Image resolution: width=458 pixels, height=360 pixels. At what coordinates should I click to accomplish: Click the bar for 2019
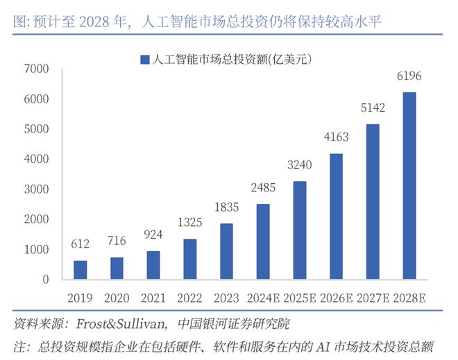coord(80,270)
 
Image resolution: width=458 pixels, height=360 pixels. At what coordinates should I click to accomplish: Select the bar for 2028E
coord(409,186)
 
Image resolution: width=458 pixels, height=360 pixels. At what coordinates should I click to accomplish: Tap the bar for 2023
coord(226,251)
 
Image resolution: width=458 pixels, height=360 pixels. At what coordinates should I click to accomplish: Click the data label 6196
coord(409,76)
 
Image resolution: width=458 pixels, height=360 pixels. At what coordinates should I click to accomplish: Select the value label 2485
coord(263,188)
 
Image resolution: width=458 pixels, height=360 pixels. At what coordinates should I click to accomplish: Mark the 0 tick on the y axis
coord(45,280)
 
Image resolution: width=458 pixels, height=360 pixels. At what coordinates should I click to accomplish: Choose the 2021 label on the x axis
coord(153,298)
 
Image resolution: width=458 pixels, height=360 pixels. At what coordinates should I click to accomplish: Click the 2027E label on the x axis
coord(373,298)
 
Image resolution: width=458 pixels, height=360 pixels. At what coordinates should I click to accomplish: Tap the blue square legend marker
coord(144,60)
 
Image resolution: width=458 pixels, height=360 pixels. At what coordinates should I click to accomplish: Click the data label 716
coord(117,241)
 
